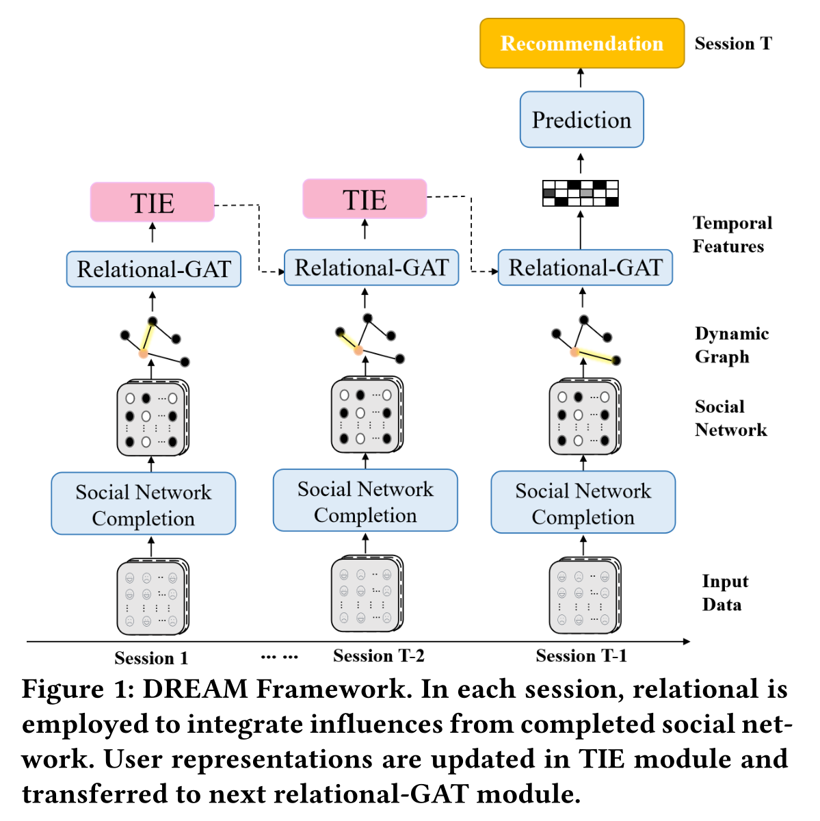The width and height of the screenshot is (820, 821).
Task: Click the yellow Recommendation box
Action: pos(581,43)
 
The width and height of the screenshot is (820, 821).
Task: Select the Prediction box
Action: pos(581,120)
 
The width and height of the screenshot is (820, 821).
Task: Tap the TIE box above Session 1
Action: pos(153,203)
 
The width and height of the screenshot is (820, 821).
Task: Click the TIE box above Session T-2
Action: pos(365,199)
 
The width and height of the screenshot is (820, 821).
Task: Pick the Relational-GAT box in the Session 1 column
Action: pos(153,269)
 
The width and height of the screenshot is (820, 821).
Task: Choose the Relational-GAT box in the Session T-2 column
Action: pos(371,268)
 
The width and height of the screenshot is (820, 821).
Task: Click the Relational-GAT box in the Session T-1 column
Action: pos(585,268)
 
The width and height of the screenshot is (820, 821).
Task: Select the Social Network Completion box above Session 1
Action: pos(144,504)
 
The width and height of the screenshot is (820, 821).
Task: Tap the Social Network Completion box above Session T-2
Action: pos(365,501)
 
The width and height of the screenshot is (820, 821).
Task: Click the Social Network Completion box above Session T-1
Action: pos(583,503)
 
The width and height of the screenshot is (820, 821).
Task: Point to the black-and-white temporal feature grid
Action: pos(580,194)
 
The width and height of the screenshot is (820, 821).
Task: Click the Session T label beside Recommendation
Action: pos(733,44)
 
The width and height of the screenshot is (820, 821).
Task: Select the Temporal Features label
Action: pos(732,235)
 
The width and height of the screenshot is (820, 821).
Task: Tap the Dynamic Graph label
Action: pos(731,345)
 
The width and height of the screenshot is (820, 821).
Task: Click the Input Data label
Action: pos(724,592)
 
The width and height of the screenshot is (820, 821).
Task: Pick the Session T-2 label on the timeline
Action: pos(378,656)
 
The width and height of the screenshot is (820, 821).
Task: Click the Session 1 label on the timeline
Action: pos(151,658)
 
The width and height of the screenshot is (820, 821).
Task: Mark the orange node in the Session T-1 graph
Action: pos(575,352)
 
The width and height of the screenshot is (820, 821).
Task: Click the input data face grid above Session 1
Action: pos(152,597)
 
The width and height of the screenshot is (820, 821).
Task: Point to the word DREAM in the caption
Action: pos(195,689)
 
